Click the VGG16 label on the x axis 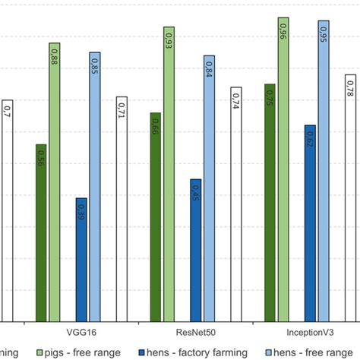[x=81, y=332]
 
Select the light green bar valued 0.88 [x=54, y=182]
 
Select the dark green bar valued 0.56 [x=41, y=232]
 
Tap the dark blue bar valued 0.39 [x=81, y=260]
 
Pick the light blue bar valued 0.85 [x=94, y=187]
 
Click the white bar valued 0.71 [x=122, y=209]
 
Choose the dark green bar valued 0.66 [x=156, y=216]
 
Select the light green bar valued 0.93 [x=169, y=174]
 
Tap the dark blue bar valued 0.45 [x=196, y=250]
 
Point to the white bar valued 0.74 [x=236, y=204]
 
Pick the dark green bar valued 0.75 [x=270, y=202]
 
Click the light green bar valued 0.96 [x=283, y=169]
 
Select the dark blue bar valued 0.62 [x=310, y=223]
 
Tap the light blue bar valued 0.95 [x=324, y=171]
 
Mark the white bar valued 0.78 [x=351, y=198]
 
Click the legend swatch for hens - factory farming [x=145, y=352]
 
